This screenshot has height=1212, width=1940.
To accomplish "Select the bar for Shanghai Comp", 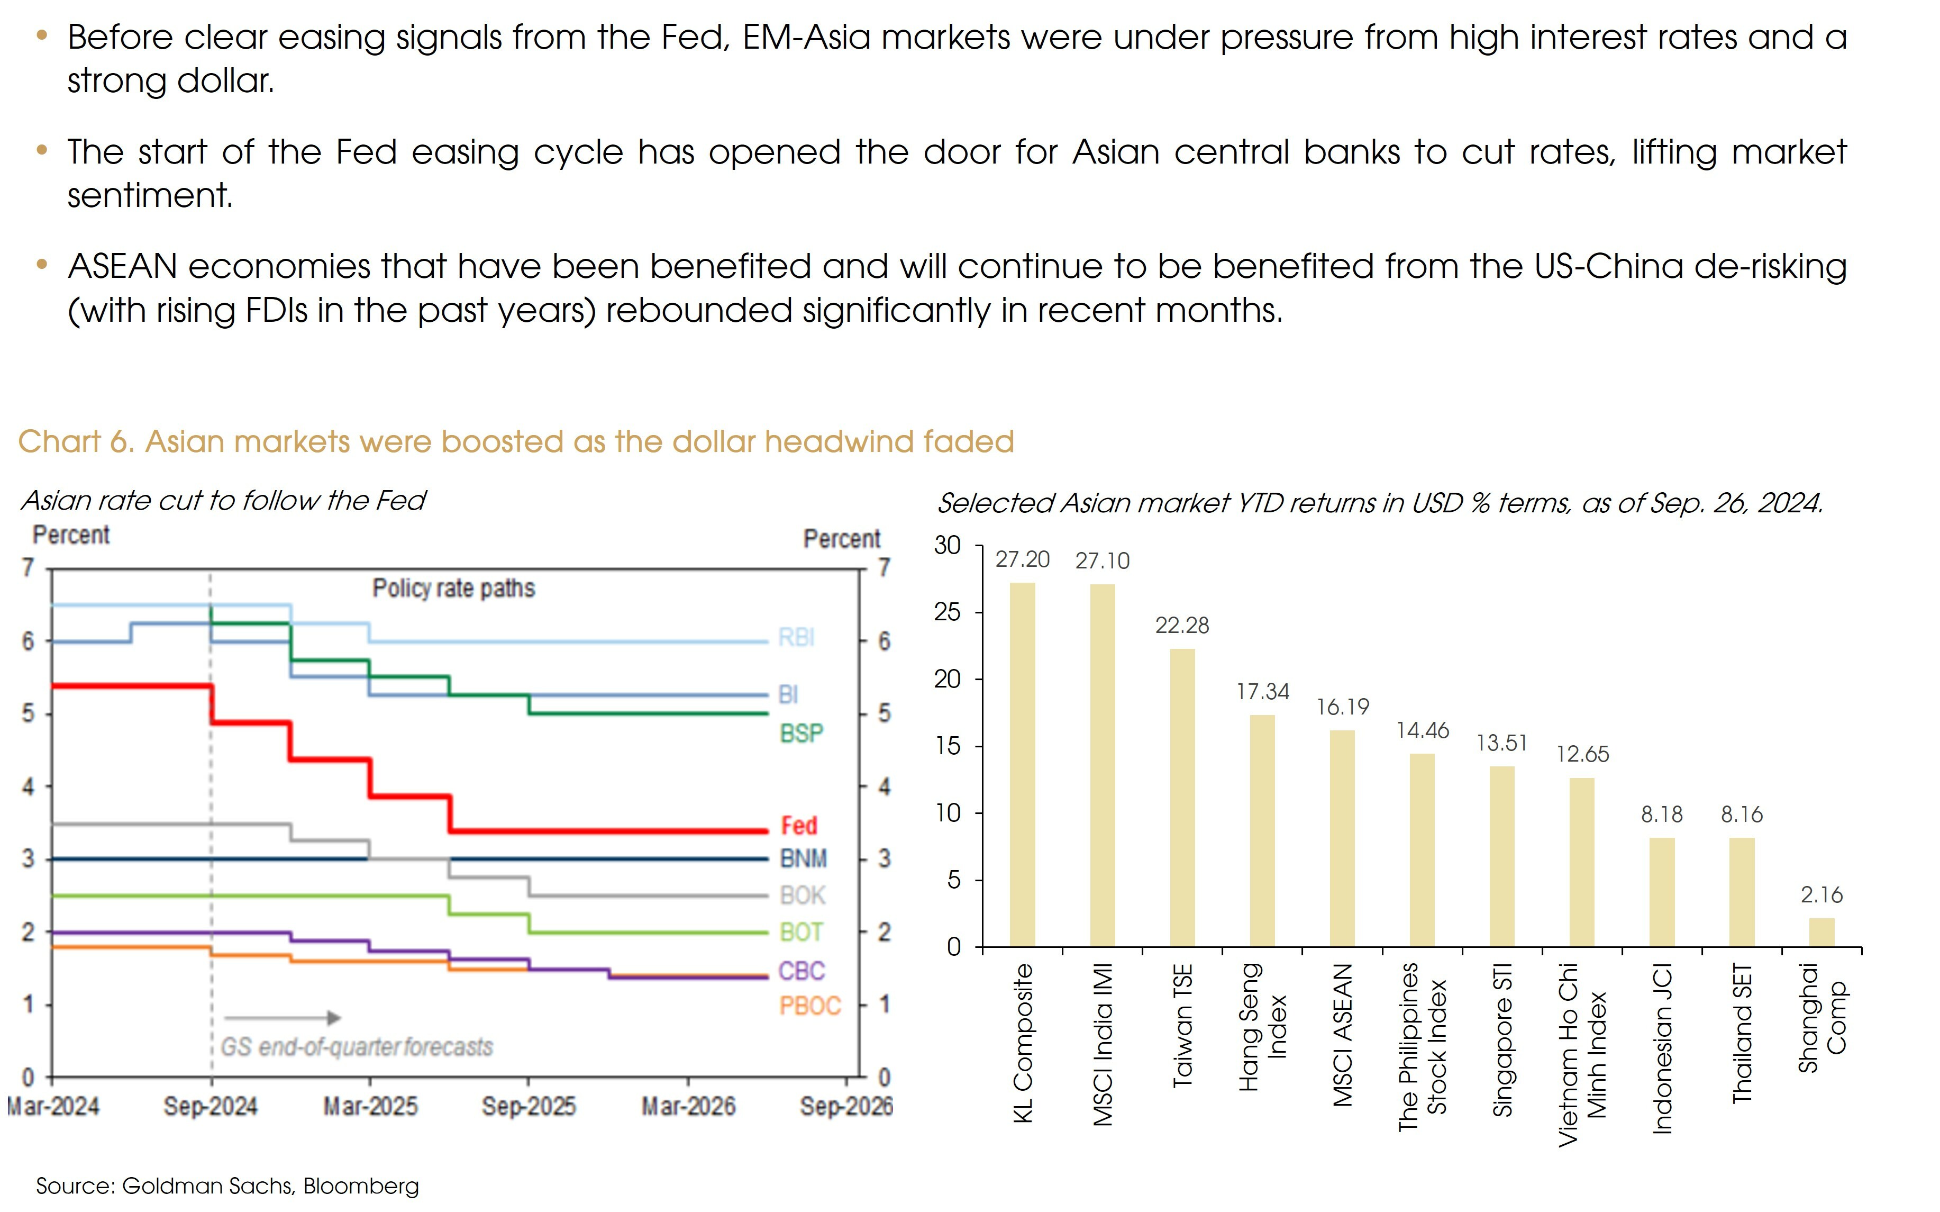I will (x=1821, y=932).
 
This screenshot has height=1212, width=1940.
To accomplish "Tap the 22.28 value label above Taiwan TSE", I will (x=1182, y=625).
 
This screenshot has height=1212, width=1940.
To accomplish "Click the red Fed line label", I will (x=799, y=826).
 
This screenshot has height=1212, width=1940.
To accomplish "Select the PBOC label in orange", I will (x=810, y=1006).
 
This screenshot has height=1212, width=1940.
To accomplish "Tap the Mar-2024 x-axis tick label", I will (x=53, y=1106).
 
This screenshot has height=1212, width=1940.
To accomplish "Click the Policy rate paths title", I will (x=453, y=589).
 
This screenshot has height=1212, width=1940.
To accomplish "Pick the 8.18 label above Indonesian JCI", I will (x=1662, y=815).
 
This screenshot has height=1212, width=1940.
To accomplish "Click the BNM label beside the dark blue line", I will (x=804, y=858).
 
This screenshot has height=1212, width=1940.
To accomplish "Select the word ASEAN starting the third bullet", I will (x=122, y=266).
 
